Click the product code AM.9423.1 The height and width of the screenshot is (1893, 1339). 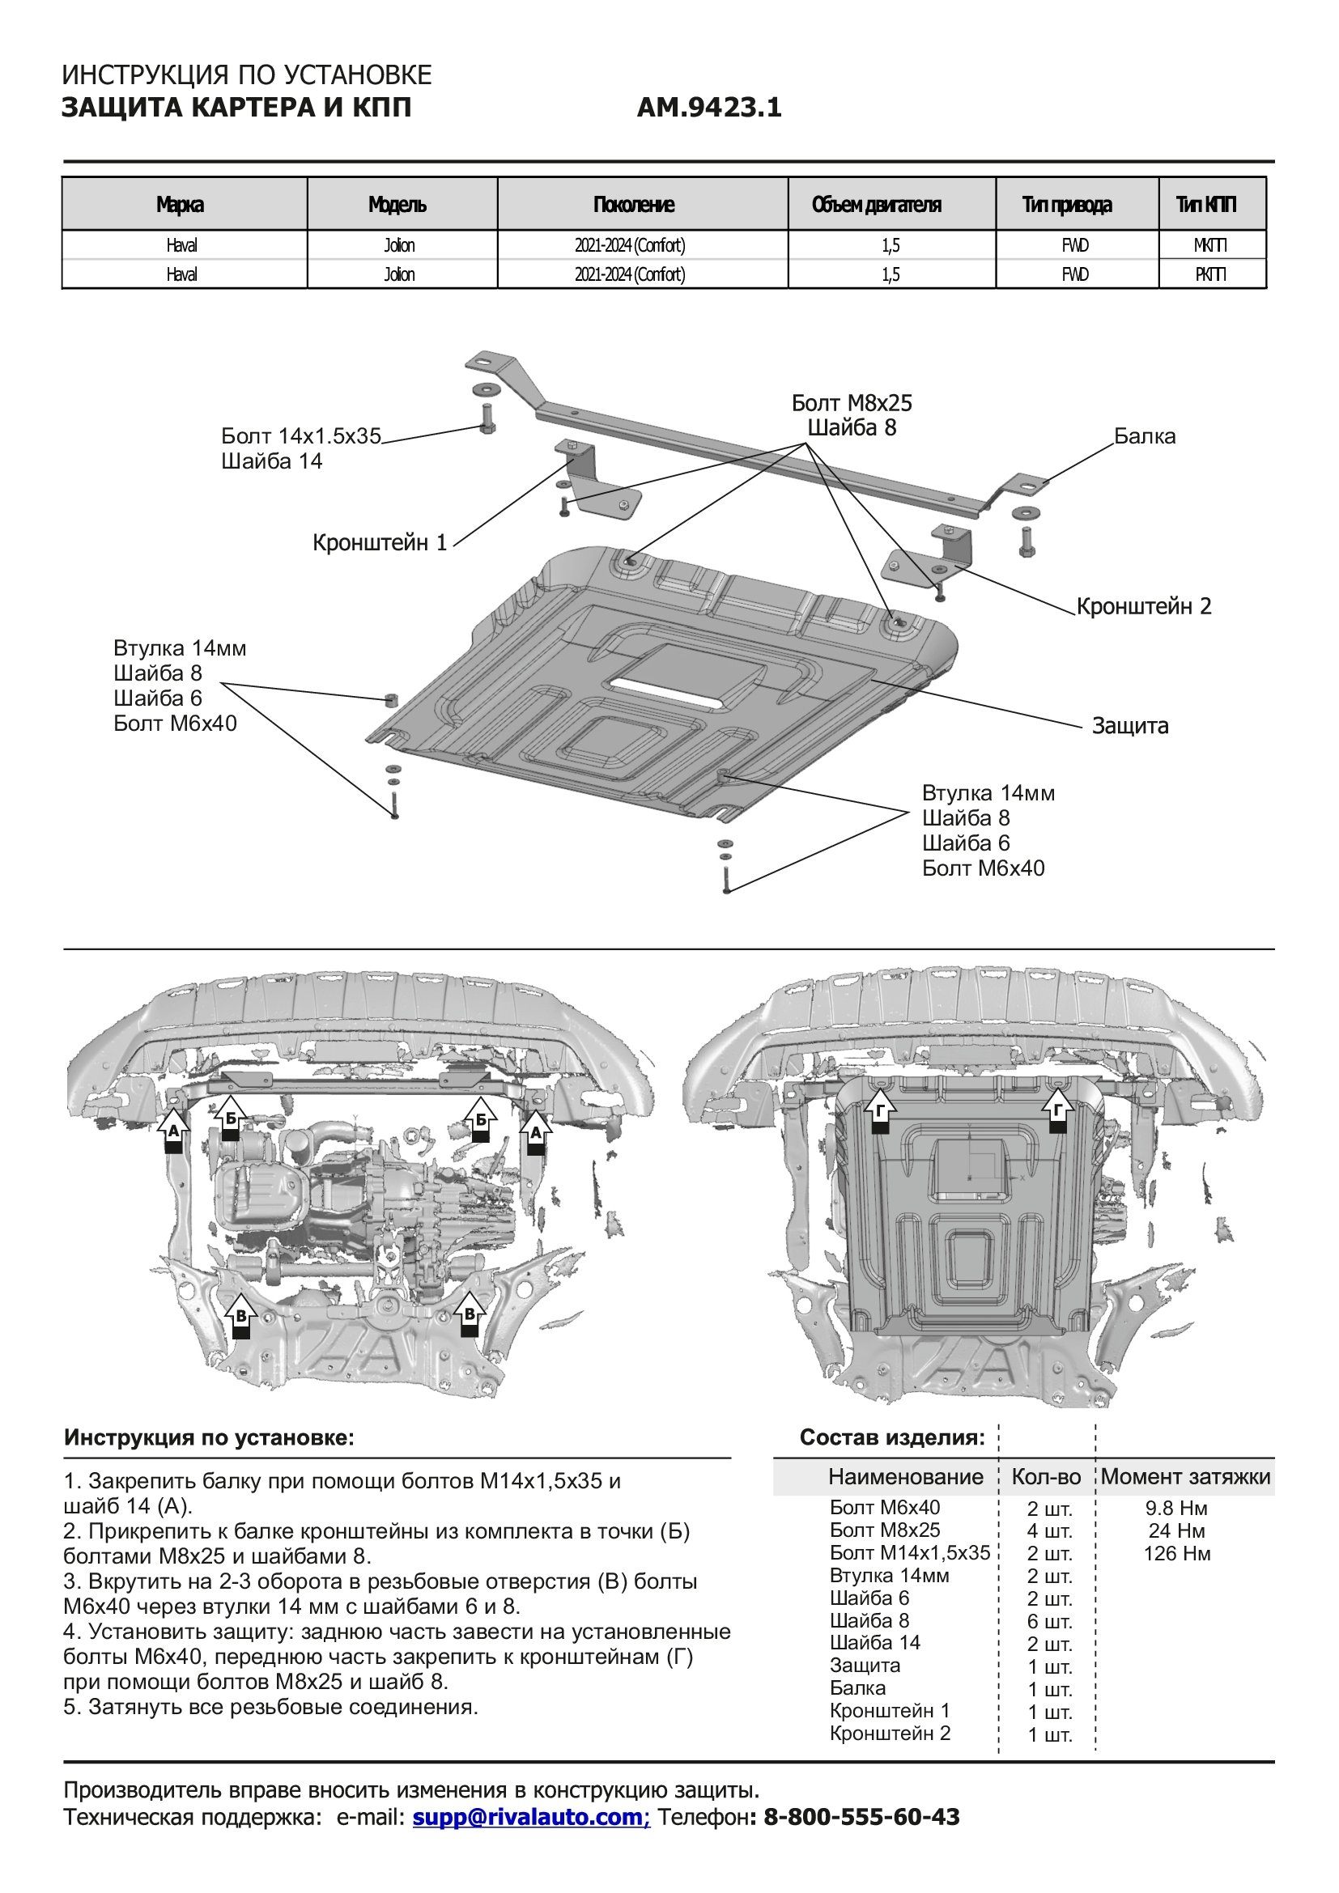(x=708, y=108)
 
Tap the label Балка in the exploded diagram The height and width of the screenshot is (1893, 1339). (x=1145, y=436)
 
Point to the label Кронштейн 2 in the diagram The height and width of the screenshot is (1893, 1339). (x=1144, y=606)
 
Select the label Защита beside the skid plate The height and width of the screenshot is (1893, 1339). (x=1129, y=725)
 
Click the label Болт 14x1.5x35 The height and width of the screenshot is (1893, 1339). (x=301, y=436)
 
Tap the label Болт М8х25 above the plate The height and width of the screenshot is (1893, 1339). (x=852, y=403)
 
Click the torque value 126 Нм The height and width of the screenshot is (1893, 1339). (x=1176, y=1553)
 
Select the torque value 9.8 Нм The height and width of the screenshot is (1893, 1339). (x=1176, y=1508)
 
